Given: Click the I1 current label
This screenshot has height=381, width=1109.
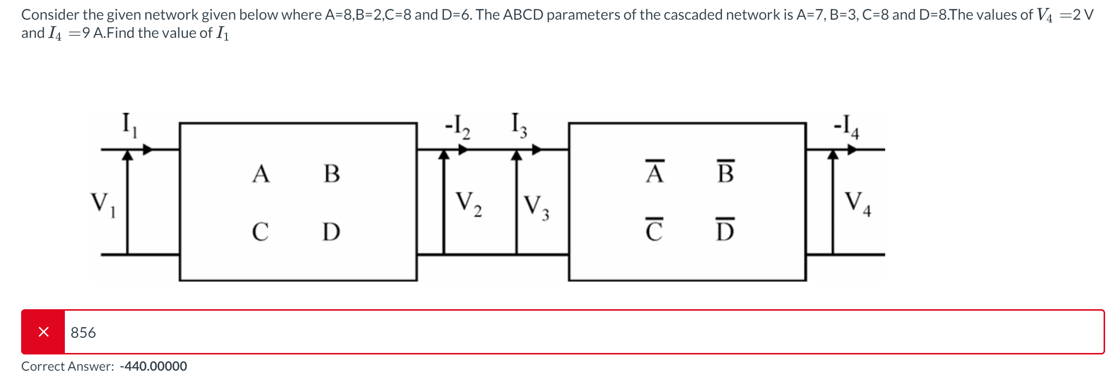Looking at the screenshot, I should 129,125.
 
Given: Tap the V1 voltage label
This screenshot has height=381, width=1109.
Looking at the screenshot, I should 103,204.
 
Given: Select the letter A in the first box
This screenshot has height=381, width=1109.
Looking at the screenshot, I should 261,174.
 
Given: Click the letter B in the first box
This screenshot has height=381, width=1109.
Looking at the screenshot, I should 332,174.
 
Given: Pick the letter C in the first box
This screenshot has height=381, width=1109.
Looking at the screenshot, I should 260,232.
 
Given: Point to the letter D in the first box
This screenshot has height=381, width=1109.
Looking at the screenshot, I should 331,232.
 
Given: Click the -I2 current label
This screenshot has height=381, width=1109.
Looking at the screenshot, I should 457,127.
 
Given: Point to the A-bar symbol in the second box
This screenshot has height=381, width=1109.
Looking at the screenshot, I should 654,172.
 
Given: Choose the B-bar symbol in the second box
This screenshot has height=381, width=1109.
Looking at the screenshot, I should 726,172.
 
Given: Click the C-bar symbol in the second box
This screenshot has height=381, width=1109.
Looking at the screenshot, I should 654,230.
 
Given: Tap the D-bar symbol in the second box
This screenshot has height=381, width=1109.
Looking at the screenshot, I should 725,230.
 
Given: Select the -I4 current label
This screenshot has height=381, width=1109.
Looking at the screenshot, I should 847,127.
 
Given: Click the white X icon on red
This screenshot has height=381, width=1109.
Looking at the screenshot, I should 43,332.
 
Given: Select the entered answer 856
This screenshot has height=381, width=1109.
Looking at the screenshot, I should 83,333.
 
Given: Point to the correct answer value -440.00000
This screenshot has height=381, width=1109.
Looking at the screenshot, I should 153,366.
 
